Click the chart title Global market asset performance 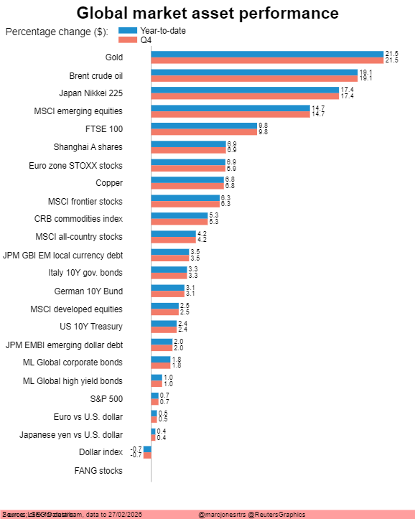point(207,13)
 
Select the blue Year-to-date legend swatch point(127,30)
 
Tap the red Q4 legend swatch point(127,40)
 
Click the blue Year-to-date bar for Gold point(267,54)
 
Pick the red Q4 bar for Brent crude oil point(254,78)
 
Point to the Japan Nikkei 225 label point(90,93)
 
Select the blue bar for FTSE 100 point(205,126)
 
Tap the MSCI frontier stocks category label point(85,202)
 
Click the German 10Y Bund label point(88,291)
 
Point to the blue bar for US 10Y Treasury point(164,324)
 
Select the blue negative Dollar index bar point(147,449)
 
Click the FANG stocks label point(98,471)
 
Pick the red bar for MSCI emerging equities point(230,114)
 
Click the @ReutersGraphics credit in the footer point(276,514)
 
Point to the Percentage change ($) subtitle point(57,32)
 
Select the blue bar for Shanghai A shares point(188,144)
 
